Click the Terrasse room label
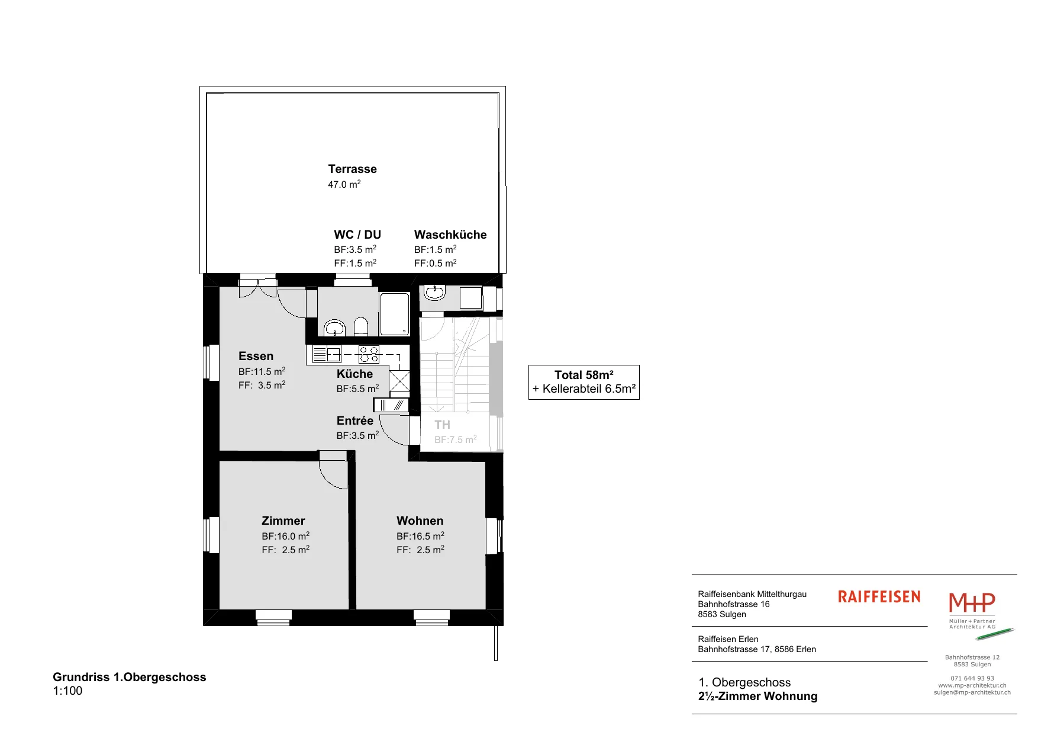(x=352, y=169)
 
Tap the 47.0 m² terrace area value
(x=344, y=184)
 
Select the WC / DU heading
(x=357, y=235)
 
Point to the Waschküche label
(x=450, y=235)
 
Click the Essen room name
(x=256, y=356)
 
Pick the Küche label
(x=354, y=374)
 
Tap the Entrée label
(x=355, y=421)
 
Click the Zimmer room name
(x=283, y=521)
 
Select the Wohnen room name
(x=420, y=521)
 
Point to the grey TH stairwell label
(x=442, y=425)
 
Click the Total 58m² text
(x=584, y=375)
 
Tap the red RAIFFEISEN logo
(x=879, y=596)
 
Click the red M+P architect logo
(x=972, y=602)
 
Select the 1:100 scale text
(x=67, y=691)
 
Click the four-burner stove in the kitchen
(x=369, y=355)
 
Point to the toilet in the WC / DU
(x=361, y=326)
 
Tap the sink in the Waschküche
(x=434, y=293)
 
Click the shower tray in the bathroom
(x=394, y=314)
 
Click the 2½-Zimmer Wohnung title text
(x=757, y=696)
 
